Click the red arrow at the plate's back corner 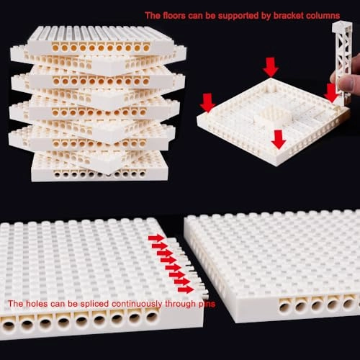tap(271, 67)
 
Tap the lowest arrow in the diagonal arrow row tap(186, 289)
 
